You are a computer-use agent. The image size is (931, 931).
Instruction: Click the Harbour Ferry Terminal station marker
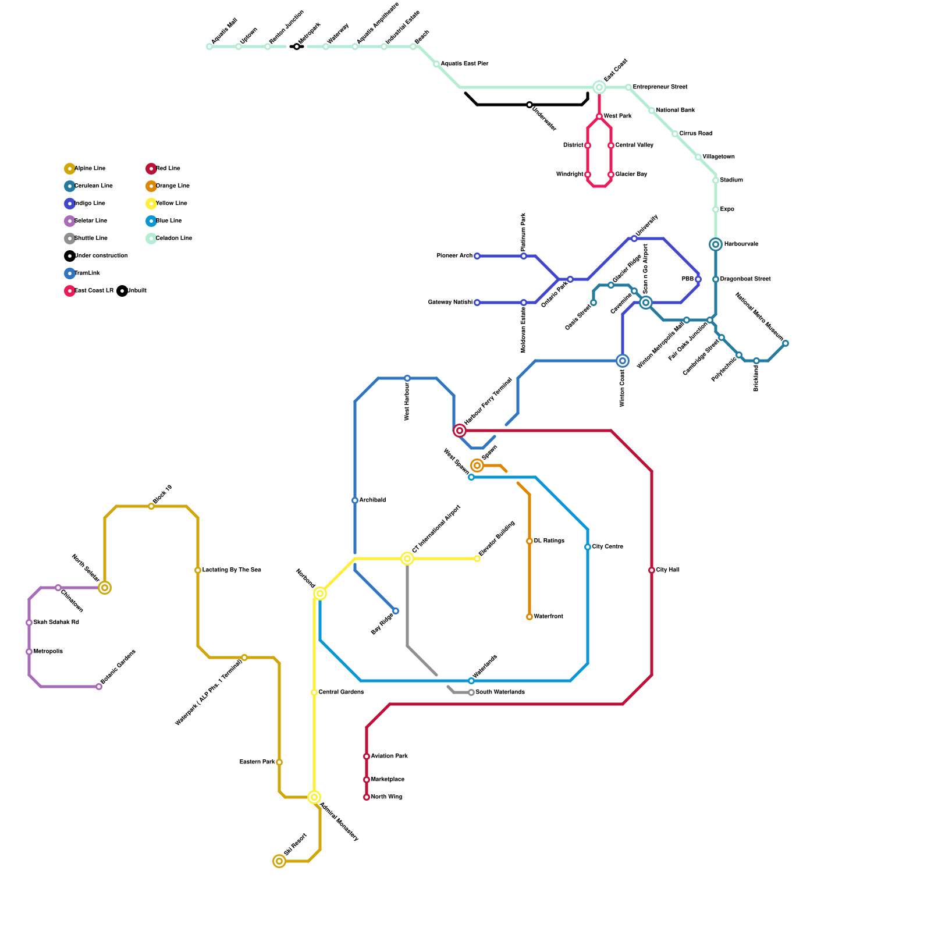(460, 431)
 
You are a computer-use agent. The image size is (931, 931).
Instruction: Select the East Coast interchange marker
(599, 87)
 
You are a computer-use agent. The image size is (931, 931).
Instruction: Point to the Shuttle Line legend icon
(70, 239)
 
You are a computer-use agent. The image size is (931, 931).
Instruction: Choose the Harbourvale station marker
(716, 244)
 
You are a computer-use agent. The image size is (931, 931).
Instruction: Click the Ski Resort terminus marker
(279, 861)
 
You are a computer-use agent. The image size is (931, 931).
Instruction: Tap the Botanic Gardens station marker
(99, 687)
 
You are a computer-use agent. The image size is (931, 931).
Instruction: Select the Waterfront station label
(548, 617)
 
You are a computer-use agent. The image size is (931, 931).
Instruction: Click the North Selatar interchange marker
(105, 588)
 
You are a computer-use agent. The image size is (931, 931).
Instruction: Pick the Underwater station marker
(530, 105)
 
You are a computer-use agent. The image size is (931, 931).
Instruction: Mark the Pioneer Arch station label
(454, 256)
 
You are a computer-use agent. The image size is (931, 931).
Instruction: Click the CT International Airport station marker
(407, 559)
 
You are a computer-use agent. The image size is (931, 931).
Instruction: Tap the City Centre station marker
(588, 547)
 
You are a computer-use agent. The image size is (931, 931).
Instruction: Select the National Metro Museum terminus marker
(786, 343)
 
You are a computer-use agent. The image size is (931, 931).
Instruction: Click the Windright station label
(570, 175)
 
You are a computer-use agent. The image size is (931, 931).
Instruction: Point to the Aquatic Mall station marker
(209, 47)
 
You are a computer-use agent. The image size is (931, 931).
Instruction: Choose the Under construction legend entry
(101, 256)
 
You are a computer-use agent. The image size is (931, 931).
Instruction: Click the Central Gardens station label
(341, 692)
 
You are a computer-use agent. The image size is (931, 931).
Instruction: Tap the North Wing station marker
(367, 797)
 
